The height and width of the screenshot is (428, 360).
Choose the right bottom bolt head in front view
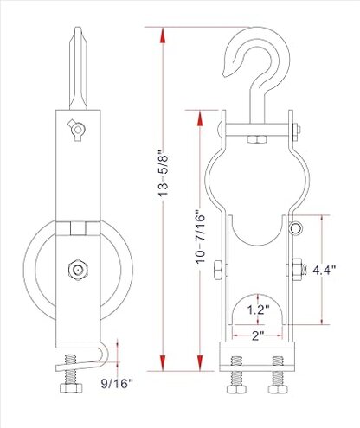(280, 379)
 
